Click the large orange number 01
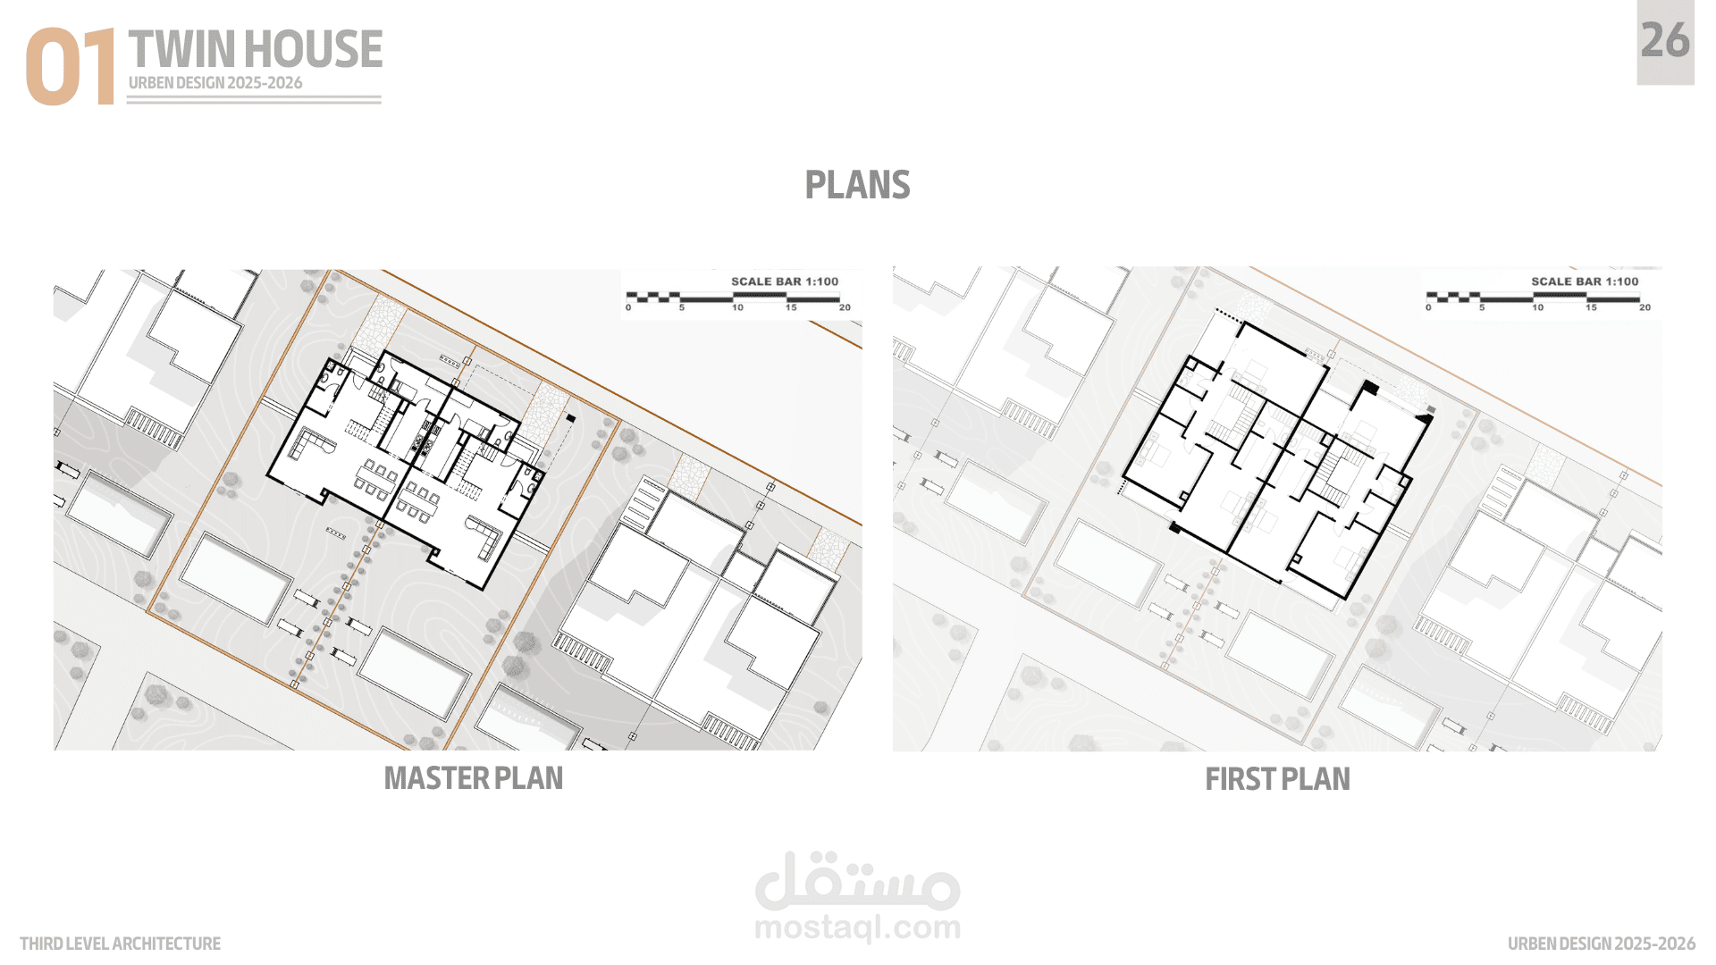[x=71, y=67]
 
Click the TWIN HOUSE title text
[x=256, y=49]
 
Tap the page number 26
[x=1665, y=41]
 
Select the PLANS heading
[x=857, y=185]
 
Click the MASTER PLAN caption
[x=474, y=778]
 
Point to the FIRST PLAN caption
[x=1277, y=779]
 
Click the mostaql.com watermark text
[x=858, y=928]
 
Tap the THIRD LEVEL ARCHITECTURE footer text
[x=120, y=944]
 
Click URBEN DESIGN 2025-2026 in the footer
[x=1601, y=944]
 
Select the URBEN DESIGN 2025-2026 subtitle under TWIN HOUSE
[x=215, y=83]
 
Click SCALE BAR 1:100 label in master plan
[x=785, y=281]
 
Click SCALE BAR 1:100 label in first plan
[x=1585, y=281]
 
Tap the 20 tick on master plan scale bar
[x=845, y=307]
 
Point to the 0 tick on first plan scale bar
[x=1428, y=307]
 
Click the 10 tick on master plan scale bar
[x=737, y=307]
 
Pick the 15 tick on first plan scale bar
[x=1591, y=307]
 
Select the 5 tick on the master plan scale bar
[x=682, y=307]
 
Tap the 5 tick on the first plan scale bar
[x=1482, y=307]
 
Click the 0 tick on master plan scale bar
[x=628, y=307]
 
